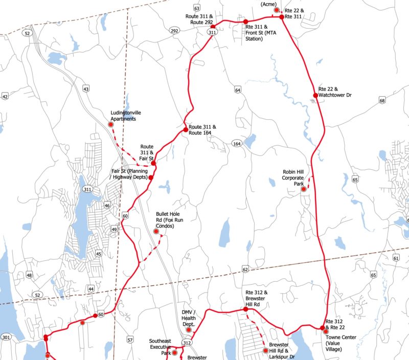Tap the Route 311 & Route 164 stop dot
(186, 130)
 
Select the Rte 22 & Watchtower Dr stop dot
(315, 95)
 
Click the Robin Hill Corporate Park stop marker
(303, 189)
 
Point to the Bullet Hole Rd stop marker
(156, 232)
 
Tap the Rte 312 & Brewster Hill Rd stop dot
(245, 309)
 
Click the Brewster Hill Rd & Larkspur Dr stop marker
(265, 351)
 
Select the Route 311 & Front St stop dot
(246, 21)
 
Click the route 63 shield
(197, 9)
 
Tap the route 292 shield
(174, 31)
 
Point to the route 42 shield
(5, 97)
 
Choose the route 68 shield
(382, 101)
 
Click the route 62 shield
(245, 269)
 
